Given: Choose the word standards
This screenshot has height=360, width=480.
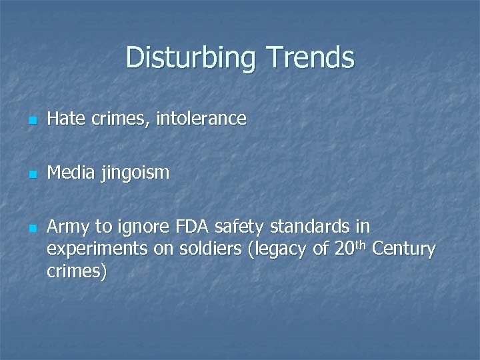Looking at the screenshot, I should point(304,227).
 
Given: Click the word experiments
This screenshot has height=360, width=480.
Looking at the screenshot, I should point(96,251).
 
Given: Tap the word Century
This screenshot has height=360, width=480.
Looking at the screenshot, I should point(403,250).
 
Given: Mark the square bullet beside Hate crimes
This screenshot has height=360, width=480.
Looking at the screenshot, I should point(31,121).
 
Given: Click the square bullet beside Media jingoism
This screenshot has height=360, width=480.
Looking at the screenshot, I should point(31,175).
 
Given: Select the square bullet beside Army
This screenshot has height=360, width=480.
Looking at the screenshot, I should point(31,229).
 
